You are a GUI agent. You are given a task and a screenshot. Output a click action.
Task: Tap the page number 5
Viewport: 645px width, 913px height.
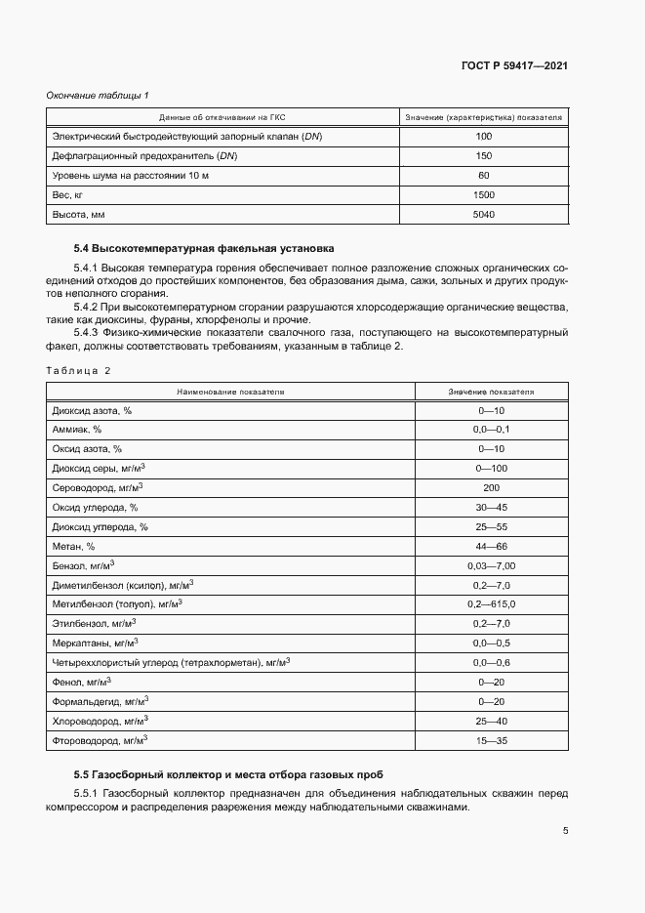[x=566, y=831]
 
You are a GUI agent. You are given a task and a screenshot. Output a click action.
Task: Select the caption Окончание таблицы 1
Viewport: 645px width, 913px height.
[x=98, y=95]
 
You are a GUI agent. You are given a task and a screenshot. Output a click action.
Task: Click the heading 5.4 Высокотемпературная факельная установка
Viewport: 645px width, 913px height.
[x=204, y=248]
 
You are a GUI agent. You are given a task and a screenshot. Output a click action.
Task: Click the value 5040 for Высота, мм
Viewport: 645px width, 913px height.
[x=483, y=214]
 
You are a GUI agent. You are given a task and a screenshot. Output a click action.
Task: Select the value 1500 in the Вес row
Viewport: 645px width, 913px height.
[x=483, y=194]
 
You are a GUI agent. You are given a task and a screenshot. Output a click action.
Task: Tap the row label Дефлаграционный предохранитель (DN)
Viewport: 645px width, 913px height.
[x=143, y=155]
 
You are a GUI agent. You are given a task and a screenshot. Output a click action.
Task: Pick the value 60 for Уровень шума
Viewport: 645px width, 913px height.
[x=483, y=175]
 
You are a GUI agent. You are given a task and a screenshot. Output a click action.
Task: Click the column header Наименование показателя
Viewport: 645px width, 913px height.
[x=230, y=392]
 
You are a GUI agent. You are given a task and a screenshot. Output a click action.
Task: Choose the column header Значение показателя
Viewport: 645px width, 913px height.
[x=491, y=392]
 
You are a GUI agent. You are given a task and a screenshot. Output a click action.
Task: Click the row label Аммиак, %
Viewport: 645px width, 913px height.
[x=77, y=429]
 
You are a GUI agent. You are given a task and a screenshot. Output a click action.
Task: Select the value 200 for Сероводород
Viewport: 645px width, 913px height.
[x=491, y=487]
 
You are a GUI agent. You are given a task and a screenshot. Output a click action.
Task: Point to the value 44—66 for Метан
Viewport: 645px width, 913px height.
[x=491, y=546]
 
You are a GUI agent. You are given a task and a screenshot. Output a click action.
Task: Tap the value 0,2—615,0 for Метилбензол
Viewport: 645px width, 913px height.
[x=491, y=604]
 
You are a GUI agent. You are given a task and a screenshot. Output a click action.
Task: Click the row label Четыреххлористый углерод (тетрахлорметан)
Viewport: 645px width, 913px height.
[x=171, y=663]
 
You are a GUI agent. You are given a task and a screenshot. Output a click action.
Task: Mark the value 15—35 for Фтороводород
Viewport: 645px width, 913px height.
[x=491, y=741]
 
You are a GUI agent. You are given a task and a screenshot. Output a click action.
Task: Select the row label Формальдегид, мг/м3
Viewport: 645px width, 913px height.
[x=101, y=702]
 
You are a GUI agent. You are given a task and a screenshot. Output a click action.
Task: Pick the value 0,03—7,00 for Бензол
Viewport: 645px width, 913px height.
[x=491, y=565]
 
